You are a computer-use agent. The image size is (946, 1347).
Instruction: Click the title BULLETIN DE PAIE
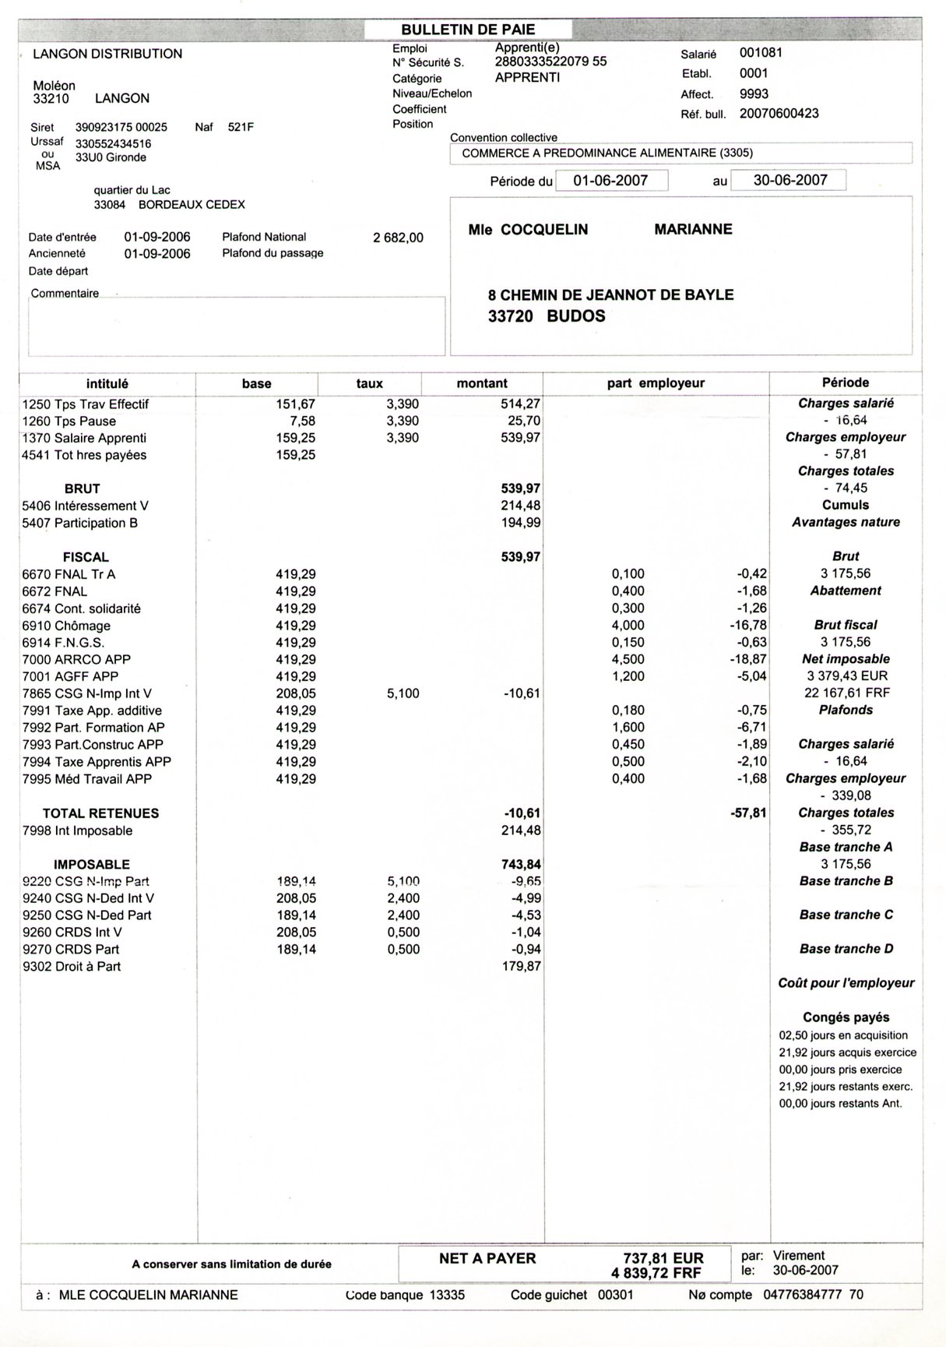(x=468, y=30)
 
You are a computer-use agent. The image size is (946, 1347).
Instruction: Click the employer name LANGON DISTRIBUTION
(x=107, y=54)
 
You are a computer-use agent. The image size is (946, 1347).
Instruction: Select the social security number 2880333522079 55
(x=550, y=62)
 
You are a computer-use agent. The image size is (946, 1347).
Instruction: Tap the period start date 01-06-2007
(x=610, y=180)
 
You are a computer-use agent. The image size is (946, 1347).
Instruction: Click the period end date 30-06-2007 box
(x=790, y=180)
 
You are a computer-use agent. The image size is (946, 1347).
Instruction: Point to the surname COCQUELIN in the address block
(x=544, y=230)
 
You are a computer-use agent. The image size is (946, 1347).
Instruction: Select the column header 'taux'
(x=369, y=383)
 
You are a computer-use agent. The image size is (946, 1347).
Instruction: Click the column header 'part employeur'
(x=656, y=383)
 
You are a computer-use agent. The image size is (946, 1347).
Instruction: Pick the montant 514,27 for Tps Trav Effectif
(x=520, y=404)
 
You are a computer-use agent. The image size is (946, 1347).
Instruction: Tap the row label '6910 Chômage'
(x=66, y=626)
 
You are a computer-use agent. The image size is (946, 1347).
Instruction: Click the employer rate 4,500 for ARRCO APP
(x=628, y=659)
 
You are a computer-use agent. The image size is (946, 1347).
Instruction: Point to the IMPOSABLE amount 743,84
(x=521, y=864)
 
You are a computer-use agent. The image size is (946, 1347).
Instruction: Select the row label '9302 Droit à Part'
(x=72, y=966)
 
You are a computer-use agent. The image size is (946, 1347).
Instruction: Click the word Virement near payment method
(x=799, y=1256)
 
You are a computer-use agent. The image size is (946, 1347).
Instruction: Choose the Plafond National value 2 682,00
(x=398, y=238)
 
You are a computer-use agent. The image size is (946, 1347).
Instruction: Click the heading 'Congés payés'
(x=846, y=1017)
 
